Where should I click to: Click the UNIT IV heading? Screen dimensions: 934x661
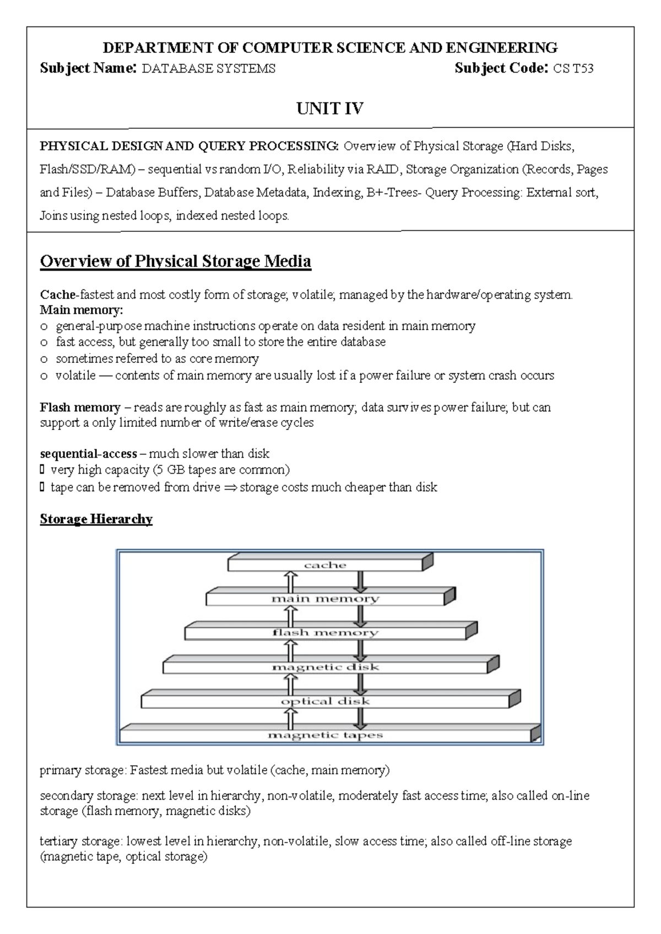tap(329, 108)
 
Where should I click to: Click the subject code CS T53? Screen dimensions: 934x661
tap(573, 69)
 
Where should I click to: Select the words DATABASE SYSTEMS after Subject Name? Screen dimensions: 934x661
tap(208, 69)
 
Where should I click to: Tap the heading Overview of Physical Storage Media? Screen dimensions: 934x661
tap(175, 261)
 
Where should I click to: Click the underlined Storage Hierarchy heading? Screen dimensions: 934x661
tap(96, 519)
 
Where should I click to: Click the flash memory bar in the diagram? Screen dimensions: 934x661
tap(325, 633)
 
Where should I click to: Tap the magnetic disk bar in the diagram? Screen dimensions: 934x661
tap(325, 667)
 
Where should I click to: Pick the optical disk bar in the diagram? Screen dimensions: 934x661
tap(325, 701)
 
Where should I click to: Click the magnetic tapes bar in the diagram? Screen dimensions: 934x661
tap(325, 735)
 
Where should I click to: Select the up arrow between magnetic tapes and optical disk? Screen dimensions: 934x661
tap(290, 718)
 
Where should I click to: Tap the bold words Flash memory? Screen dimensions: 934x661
tap(80, 408)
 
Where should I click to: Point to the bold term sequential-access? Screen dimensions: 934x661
tap(88, 454)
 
